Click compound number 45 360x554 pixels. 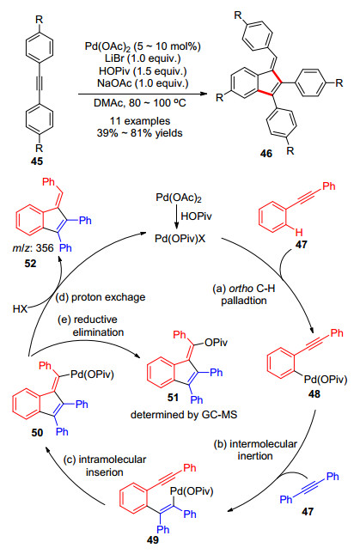[x=37, y=161]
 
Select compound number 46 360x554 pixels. [x=266, y=153]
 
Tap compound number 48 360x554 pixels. [x=314, y=393]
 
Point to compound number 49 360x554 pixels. [x=153, y=540]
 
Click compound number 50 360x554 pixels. [x=37, y=432]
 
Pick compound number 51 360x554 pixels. [x=173, y=398]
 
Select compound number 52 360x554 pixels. [x=30, y=264]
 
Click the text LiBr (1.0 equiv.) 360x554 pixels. [x=143, y=58]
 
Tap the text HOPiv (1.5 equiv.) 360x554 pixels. [x=143, y=71]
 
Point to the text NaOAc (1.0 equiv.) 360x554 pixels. [x=143, y=83]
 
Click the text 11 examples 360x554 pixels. [x=140, y=121]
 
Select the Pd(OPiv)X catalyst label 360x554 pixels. [x=180, y=239]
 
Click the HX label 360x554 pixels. [x=20, y=309]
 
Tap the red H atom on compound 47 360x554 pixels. [x=299, y=232]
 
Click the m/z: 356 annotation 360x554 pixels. [x=34, y=248]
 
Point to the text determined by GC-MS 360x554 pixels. [x=184, y=415]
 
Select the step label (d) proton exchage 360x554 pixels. [x=101, y=297]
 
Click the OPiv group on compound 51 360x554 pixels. [x=216, y=343]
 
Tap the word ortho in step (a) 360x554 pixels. [x=241, y=289]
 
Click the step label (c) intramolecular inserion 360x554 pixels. [x=105, y=466]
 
